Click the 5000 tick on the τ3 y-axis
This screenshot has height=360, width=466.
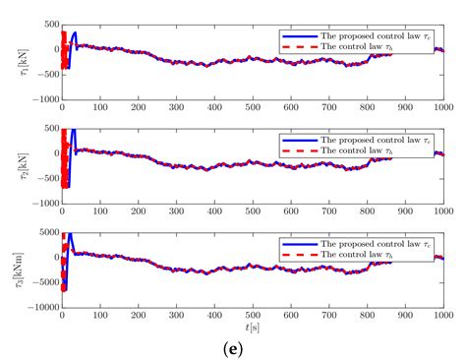[45, 232]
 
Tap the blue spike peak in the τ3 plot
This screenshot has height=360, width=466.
[69, 234]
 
